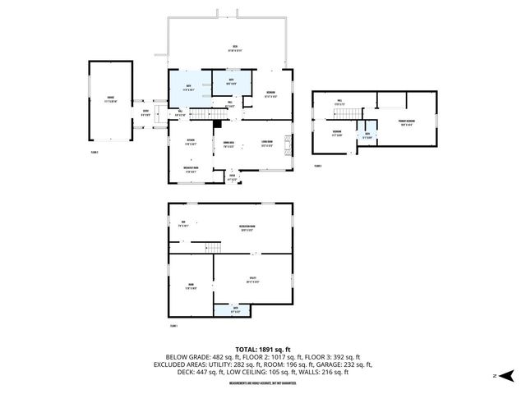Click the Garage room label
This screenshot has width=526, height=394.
click(111, 100)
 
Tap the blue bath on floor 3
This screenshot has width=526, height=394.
click(367, 135)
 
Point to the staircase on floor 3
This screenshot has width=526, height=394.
click(358, 123)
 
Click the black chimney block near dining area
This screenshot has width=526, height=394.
click(216, 124)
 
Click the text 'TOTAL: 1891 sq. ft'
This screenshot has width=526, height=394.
click(262, 347)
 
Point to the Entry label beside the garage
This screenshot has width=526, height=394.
click(145, 112)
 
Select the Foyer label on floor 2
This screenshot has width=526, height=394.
click(233, 176)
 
